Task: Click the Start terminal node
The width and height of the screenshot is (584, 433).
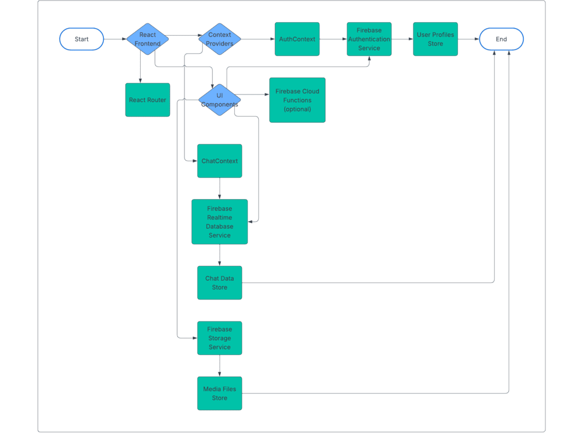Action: point(82,39)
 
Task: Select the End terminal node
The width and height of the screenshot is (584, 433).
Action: point(501,39)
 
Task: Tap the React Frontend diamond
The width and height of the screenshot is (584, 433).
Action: point(148,39)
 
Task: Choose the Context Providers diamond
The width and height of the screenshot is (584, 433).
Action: point(220,39)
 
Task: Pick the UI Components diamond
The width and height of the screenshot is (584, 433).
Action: point(220,100)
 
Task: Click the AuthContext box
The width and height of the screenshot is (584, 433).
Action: point(297,39)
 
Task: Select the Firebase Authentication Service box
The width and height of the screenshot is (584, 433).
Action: point(369,39)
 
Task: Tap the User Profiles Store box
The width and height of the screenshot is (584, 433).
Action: point(435,39)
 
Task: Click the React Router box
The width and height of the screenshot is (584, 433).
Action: point(148,100)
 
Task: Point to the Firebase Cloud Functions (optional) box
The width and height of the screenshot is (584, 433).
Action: point(297,100)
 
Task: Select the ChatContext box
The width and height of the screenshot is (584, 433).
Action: point(220,161)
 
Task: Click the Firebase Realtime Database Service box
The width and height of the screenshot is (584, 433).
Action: point(220,222)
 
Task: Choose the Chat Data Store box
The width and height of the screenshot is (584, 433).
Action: point(220,283)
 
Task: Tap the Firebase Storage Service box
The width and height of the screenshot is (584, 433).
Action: point(220,338)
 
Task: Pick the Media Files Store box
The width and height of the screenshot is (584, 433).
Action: point(220,393)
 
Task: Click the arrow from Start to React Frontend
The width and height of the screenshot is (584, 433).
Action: point(115,39)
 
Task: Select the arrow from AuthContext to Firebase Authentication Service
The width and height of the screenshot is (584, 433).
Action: point(333,39)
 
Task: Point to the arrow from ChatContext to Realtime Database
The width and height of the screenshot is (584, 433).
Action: point(220,188)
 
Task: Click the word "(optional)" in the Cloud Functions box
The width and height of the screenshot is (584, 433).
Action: point(297,109)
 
